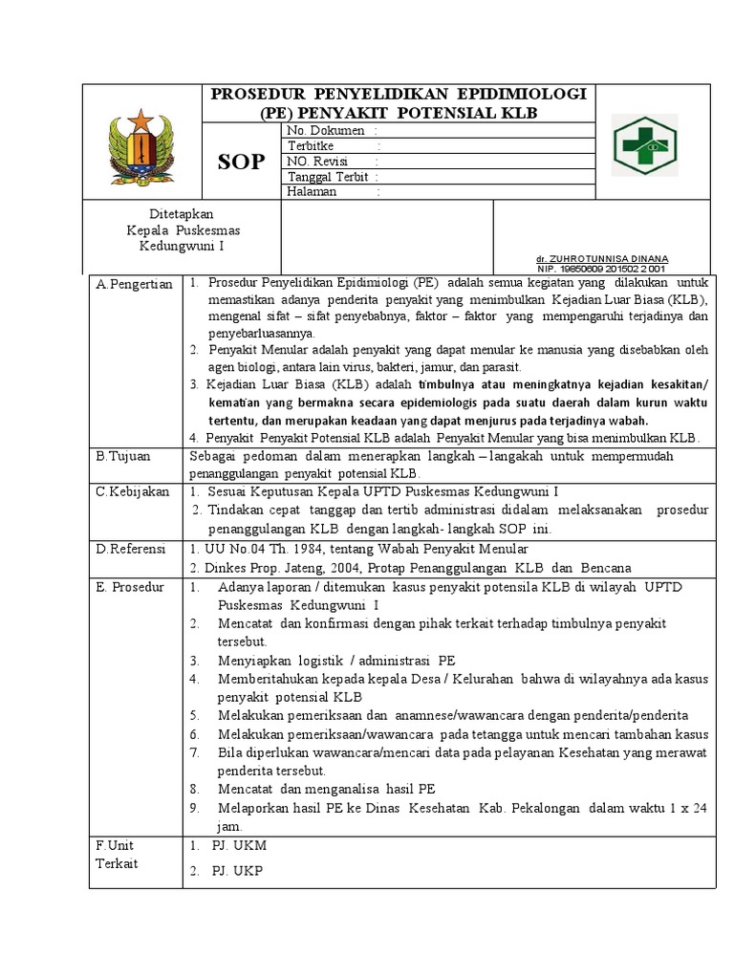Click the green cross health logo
645,144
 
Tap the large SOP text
241,162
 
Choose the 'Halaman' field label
313,191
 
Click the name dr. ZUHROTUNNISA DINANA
602,259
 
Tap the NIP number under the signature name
602,270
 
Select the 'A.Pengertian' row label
134,284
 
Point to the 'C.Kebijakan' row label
132,491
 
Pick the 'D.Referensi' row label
131,549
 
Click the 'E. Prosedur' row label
130,586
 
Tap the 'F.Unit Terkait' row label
118,854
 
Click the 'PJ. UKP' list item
238,870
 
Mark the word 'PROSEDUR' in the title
256,94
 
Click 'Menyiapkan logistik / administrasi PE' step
336,660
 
